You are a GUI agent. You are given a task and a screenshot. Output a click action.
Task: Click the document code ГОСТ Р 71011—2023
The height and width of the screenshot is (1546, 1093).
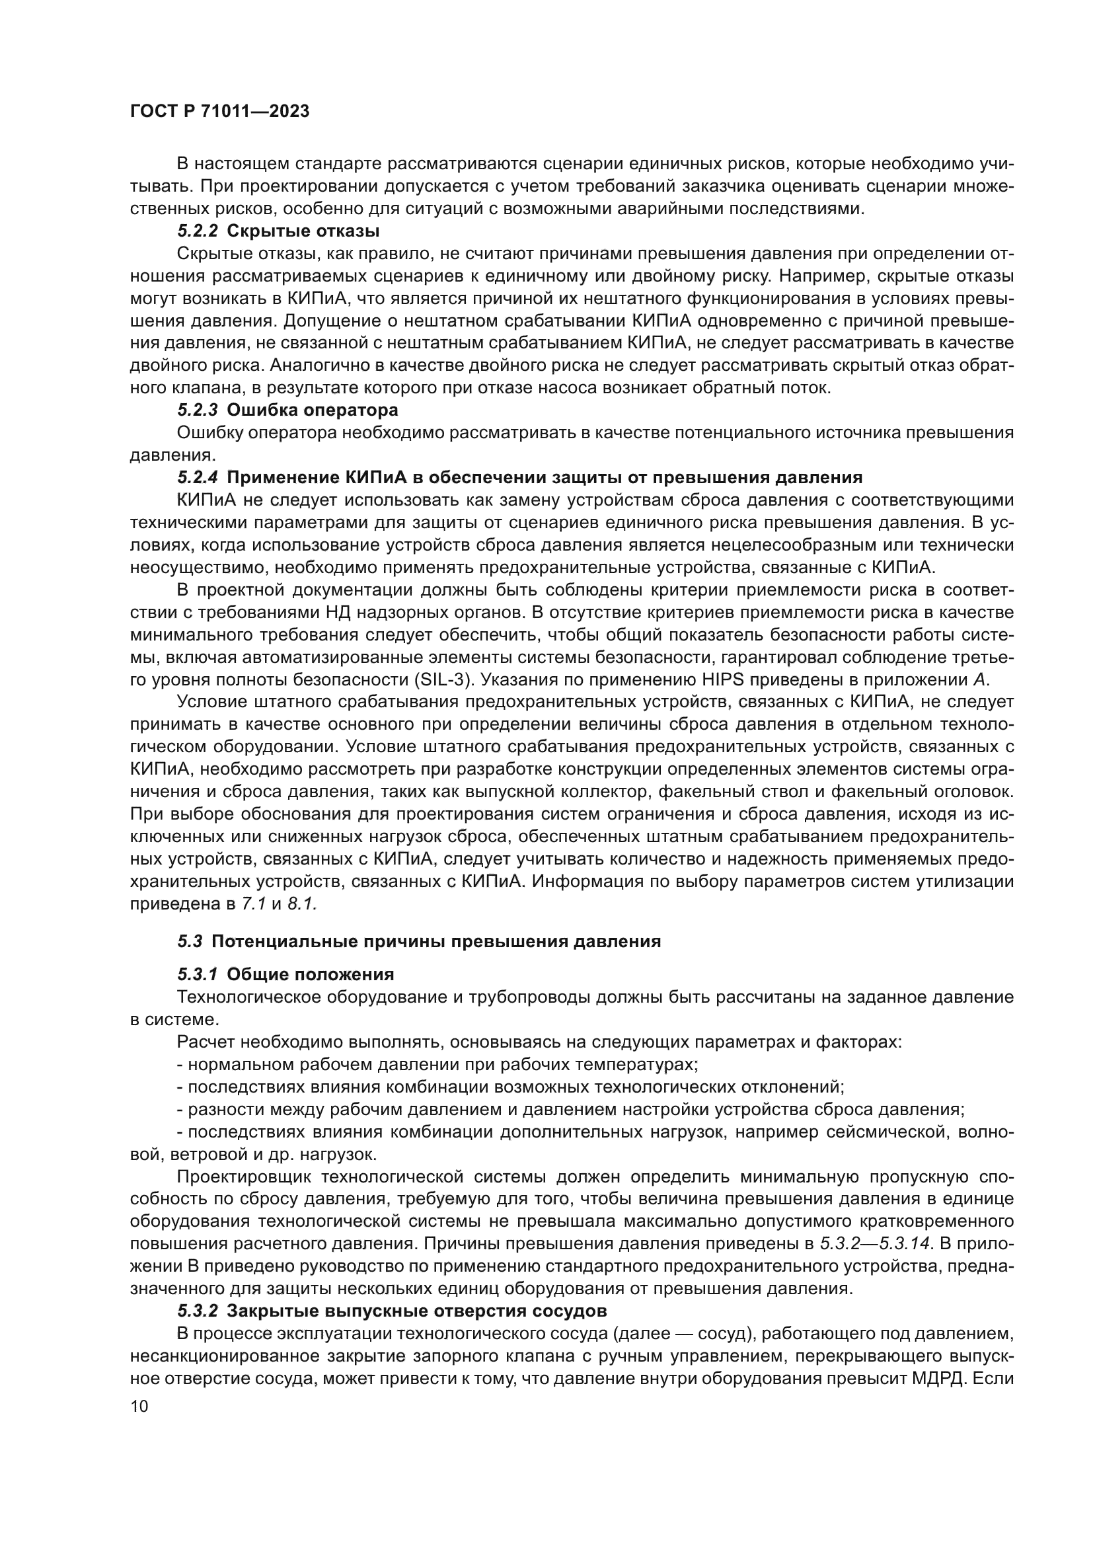tap(219, 112)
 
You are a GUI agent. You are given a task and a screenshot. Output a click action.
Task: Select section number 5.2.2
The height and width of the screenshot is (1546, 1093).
tap(198, 231)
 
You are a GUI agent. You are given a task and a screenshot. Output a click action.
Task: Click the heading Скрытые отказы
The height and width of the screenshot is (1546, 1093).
tap(303, 231)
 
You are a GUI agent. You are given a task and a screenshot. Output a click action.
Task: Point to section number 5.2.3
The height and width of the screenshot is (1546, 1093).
tap(198, 410)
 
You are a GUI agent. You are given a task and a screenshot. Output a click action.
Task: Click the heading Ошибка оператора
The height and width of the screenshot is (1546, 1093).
tap(313, 410)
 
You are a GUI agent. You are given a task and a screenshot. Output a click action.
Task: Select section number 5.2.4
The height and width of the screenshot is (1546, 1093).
tap(198, 478)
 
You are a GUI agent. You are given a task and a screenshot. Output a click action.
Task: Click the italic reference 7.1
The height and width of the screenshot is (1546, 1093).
tap(254, 904)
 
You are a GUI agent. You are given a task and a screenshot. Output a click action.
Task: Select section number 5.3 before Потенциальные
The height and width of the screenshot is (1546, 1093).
tap(190, 941)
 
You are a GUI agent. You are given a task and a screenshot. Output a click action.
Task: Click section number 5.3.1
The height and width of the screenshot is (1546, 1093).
tap(198, 974)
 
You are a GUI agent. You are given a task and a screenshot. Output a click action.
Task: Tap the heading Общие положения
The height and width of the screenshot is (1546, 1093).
tap(311, 974)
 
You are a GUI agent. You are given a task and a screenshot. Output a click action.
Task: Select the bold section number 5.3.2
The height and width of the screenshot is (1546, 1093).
tap(198, 1311)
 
